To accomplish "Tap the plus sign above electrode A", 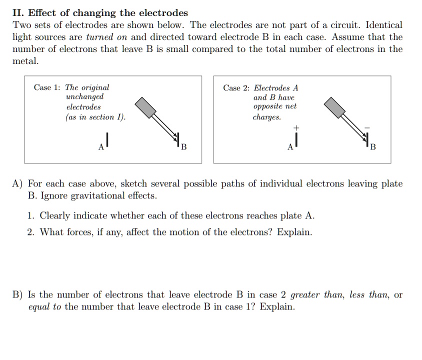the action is click(296, 128).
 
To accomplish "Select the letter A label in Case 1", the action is click(101, 147).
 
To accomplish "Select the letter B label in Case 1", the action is click(183, 147).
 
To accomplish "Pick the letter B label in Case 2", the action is click(372, 147).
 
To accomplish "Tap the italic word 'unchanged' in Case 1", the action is click(84, 97).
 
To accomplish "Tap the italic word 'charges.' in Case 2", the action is click(267, 117).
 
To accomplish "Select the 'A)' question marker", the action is click(18, 184).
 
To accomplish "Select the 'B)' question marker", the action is click(18, 295).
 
